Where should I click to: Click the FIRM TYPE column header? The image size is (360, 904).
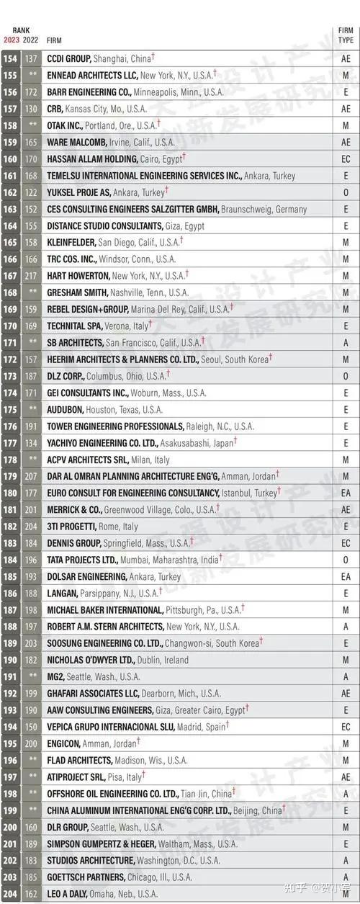coord(346,35)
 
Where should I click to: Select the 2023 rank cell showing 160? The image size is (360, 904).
coord(11,159)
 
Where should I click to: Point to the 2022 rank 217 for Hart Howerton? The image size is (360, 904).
coord(31,275)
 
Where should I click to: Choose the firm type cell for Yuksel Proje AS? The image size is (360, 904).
coord(346,192)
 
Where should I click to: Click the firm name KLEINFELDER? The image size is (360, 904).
coord(71,242)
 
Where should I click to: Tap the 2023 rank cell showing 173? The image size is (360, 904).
coord(11,376)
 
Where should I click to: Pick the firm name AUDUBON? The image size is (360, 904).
coord(64,409)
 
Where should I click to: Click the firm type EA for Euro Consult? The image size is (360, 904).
coord(346,493)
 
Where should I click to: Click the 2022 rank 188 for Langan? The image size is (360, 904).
coord(31,593)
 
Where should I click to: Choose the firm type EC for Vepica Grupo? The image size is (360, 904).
coord(346,727)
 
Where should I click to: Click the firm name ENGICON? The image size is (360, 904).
coord(65,743)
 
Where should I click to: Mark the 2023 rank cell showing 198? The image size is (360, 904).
coord(11,794)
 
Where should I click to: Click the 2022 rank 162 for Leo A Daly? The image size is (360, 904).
coord(31,894)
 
